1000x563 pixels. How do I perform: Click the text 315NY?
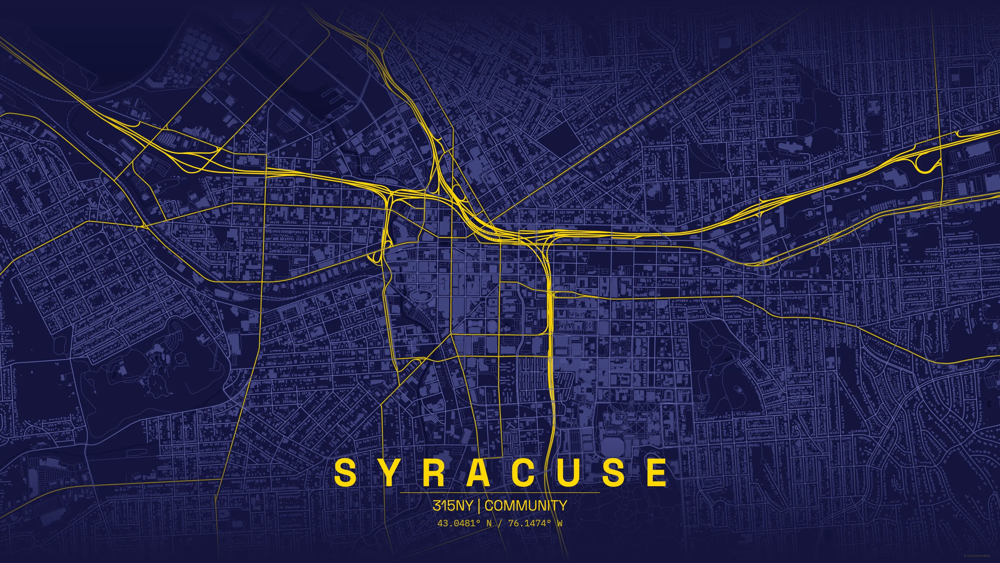[453, 505]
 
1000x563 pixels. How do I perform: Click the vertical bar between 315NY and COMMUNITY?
[479, 505]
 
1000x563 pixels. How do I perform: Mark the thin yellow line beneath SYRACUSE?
[500, 492]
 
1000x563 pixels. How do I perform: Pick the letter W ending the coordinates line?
[559, 523]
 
